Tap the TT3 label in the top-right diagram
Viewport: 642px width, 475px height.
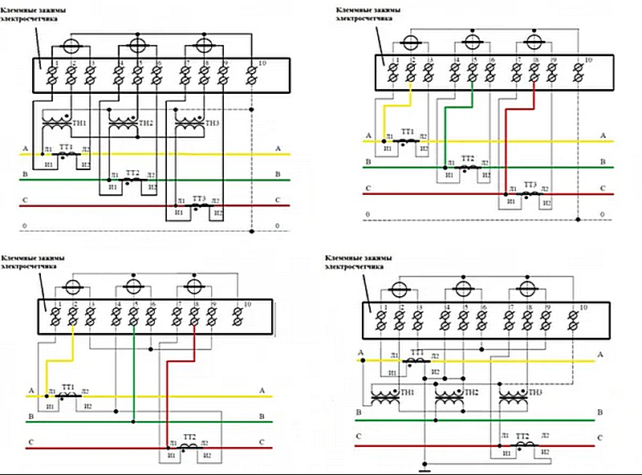(x=530, y=185)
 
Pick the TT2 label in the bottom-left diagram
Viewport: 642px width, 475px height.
(x=189, y=436)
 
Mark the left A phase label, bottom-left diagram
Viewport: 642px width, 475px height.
(x=30, y=391)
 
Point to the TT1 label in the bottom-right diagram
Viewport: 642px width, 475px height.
(x=417, y=353)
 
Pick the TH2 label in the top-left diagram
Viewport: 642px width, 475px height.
(x=145, y=123)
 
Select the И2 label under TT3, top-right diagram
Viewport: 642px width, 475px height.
(x=547, y=203)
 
